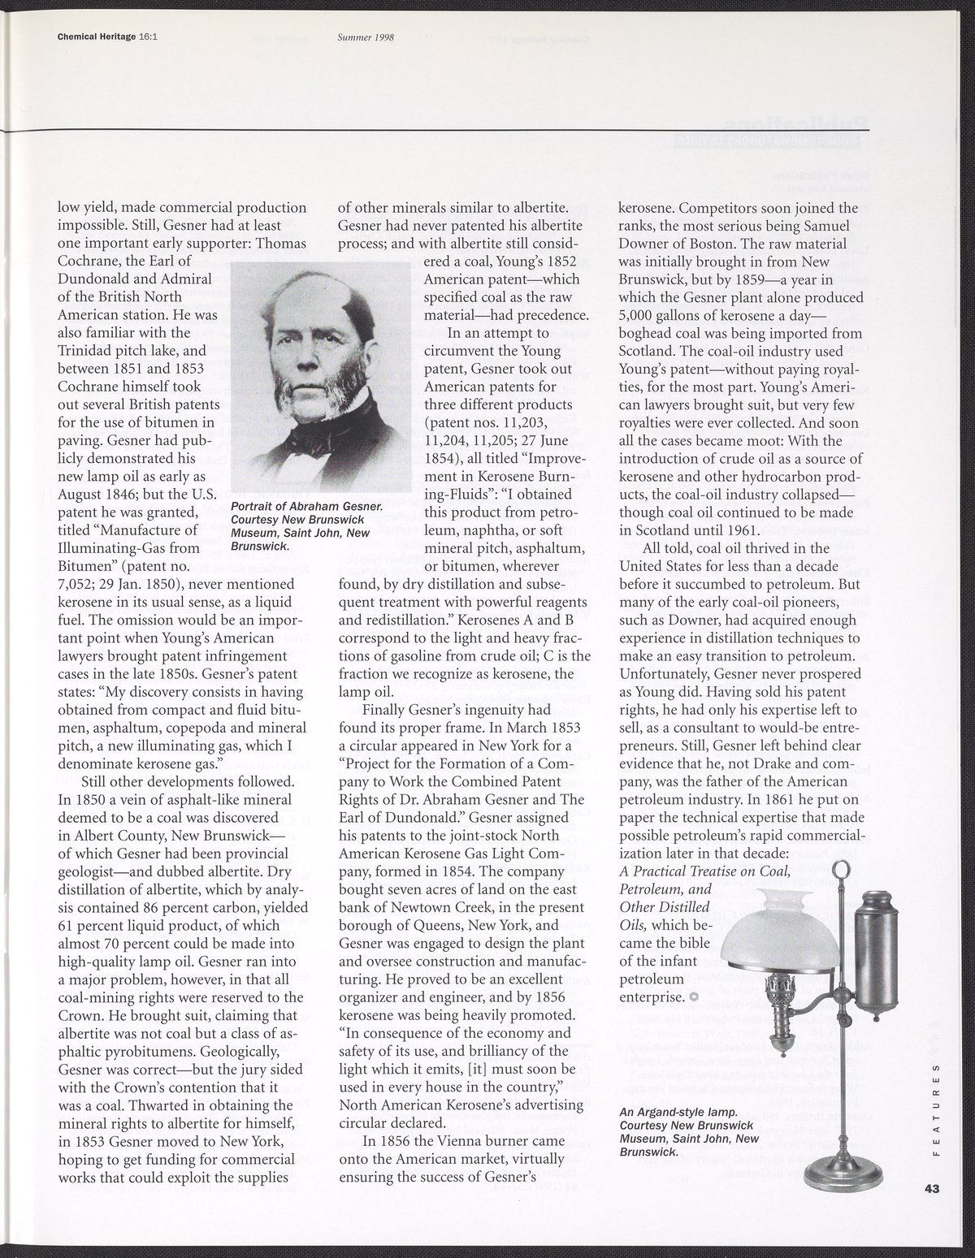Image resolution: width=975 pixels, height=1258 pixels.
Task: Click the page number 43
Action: pos(931,1189)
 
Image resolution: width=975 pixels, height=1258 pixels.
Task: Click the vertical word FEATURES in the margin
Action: pos(936,1108)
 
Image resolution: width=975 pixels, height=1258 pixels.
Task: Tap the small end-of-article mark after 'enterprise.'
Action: pos(693,996)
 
